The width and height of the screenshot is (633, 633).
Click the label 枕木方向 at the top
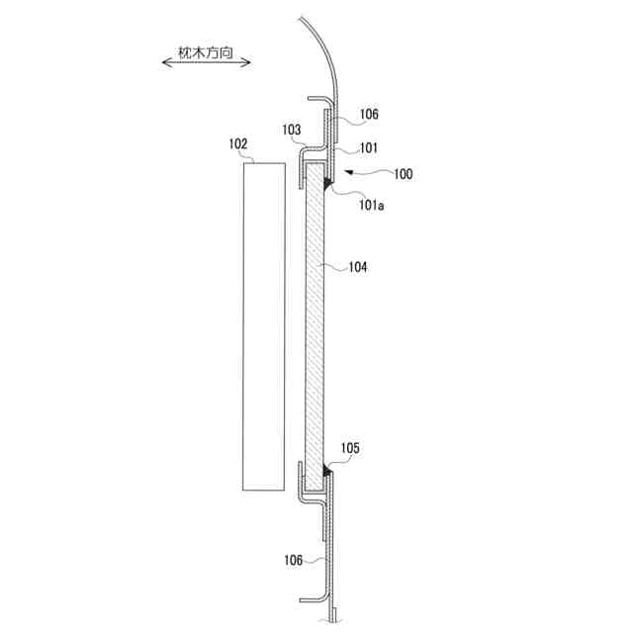[x=206, y=52]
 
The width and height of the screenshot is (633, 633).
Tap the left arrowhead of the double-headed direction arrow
[x=165, y=62]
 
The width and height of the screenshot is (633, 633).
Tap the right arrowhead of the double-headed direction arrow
[x=247, y=62]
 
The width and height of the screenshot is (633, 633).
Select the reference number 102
[x=238, y=144]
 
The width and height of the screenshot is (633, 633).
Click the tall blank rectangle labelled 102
[x=264, y=326]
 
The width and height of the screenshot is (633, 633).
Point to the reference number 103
[x=292, y=130]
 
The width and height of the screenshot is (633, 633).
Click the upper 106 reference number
[x=369, y=115]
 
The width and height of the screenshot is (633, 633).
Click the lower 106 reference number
[x=294, y=560]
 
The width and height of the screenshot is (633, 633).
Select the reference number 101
[x=369, y=148]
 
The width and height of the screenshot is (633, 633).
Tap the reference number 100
[x=404, y=174]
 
